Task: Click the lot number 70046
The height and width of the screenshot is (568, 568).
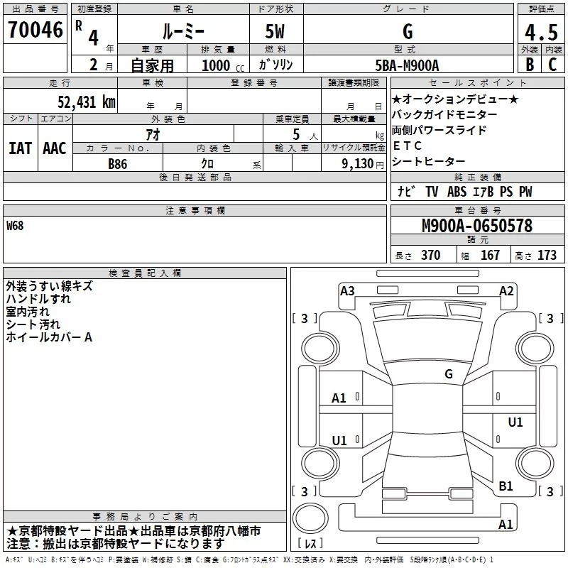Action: tap(35, 31)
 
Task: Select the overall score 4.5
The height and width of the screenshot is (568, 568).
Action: tap(540, 33)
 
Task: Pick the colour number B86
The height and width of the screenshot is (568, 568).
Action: tap(119, 163)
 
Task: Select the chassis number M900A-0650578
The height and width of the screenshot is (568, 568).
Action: tap(477, 226)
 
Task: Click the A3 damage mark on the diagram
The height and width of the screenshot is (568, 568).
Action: tap(347, 290)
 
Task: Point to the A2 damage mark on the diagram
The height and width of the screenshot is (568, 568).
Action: tap(506, 290)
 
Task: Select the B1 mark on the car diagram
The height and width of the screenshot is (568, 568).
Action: tap(506, 486)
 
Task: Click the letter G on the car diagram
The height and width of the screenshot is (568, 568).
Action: tap(449, 373)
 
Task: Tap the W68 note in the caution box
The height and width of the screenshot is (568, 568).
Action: tap(16, 226)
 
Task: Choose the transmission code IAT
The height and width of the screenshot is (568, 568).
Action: tap(20, 148)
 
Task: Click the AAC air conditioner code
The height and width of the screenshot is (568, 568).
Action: tap(55, 148)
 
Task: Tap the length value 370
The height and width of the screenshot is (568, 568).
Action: tap(430, 255)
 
